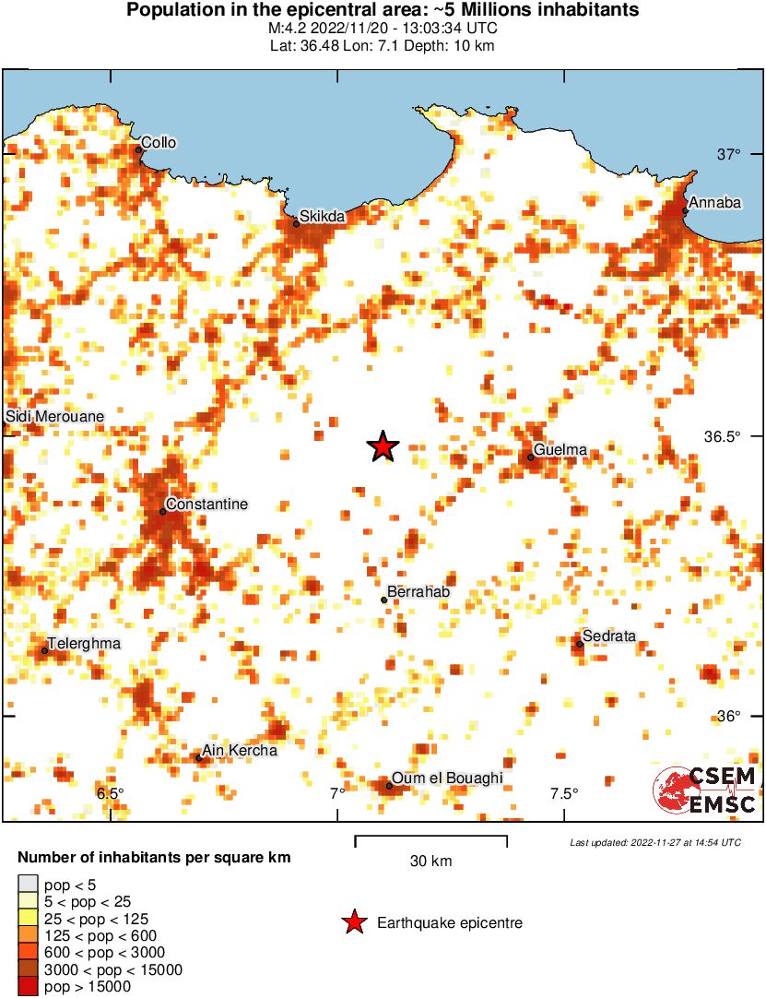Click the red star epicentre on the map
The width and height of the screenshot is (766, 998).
coord(383,446)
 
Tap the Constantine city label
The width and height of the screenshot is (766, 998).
coord(207,505)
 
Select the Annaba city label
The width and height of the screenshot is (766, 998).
coord(715,203)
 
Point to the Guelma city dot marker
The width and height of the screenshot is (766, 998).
coord(531,457)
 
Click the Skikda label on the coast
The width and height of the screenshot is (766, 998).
coord(322,217)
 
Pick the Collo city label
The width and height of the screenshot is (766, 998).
coord(158,143)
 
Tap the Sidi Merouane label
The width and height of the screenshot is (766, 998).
coord(55,417)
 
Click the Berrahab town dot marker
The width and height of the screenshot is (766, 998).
coord(384,600)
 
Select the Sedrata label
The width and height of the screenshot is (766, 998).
coord(609,636)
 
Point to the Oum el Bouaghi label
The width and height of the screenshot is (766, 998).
coord(447,779)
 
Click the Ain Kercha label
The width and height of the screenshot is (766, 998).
coord(240,751)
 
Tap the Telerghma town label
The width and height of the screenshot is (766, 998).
coord(84,644)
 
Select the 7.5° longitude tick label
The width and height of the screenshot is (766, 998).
coord(564,793)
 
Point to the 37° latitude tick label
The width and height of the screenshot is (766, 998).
coord(730,154)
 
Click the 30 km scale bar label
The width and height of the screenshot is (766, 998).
coord(430,861)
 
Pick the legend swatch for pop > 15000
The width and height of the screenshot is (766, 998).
coord(28,987)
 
